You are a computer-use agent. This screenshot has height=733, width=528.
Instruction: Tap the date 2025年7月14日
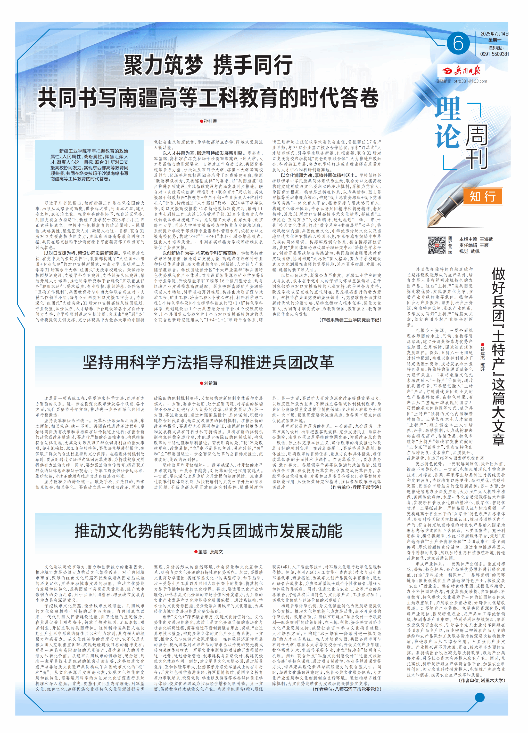(494, 34)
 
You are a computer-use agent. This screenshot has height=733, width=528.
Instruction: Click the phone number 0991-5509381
(494, 54)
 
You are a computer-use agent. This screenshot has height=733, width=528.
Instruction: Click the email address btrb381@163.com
(470, 81)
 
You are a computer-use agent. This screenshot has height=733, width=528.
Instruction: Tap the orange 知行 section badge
(483, 196)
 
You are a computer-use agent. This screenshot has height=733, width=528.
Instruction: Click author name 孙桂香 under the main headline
(210, 121)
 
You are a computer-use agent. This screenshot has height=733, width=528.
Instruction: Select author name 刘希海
(210, 383)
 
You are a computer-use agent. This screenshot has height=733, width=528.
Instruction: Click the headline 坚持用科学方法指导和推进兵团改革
(208, 362)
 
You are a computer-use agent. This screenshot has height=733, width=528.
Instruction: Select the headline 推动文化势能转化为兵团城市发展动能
(208, 531)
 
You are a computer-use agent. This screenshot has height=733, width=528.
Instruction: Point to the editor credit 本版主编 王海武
(476, 239)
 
